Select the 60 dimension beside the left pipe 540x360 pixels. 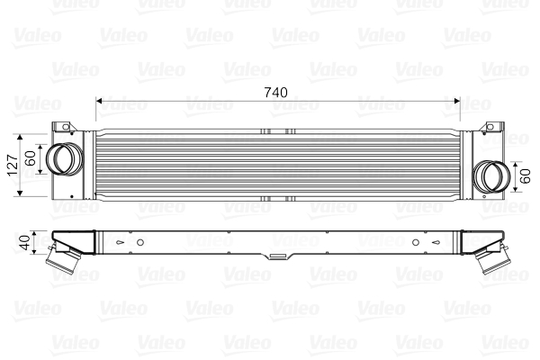tap(31, 160)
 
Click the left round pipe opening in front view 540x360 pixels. tap(62, 158)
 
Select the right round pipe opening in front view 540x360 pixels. tap(491, 175)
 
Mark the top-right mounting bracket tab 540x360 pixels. tap(491, 127)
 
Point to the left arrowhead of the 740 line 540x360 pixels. tap(99, 100)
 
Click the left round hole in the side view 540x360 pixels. tap(140, 241)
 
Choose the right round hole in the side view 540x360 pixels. tap(415, 241)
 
